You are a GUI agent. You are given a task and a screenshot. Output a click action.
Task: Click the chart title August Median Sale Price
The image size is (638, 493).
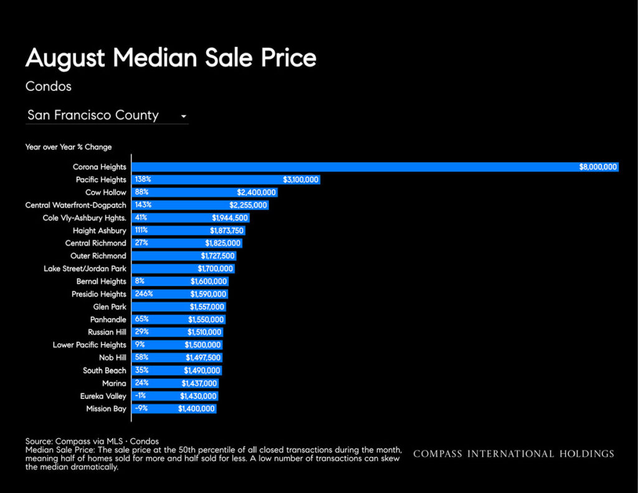(x=171, y=58)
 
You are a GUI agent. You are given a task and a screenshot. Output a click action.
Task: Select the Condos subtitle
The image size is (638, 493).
(x=49, y=86)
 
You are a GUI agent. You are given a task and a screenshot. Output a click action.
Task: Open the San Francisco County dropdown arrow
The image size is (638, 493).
(x=184, y=117)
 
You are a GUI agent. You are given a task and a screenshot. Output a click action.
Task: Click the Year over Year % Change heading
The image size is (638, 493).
(x=69, y=147)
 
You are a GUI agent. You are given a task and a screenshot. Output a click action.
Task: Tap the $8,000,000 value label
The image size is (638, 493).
(x=598, y=167)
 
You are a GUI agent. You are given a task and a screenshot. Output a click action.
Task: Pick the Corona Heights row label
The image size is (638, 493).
(x=100, y=167)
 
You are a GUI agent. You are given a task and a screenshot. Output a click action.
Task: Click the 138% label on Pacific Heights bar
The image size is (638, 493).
(x=143, y=179)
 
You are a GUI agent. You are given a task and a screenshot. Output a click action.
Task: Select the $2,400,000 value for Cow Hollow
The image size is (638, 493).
(x=256, y=192)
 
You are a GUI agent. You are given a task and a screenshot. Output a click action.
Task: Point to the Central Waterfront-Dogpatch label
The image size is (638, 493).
(x=75, y=205)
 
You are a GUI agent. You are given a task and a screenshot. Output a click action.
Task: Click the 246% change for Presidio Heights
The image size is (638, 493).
(x=144, y=294)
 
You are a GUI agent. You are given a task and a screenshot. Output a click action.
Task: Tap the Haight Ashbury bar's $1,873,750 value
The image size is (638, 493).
(x=227, y=231)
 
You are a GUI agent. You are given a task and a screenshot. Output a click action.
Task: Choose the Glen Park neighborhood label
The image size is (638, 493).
(x=110, y=307)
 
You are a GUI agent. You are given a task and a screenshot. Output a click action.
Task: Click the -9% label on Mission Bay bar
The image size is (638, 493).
(x=141, y=408)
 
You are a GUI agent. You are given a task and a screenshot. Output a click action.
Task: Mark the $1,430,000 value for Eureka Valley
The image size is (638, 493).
(x=198, y=396)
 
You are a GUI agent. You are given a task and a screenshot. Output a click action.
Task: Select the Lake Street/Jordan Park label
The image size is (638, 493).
(x=85, y=269)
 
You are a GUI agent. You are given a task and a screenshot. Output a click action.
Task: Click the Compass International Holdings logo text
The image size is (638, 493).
(x=513, y=454)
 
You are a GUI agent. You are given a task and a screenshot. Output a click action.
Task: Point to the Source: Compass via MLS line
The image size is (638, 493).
(x=92, y=441)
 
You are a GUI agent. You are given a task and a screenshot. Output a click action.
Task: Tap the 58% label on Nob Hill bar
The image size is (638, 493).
(x=141, y=357)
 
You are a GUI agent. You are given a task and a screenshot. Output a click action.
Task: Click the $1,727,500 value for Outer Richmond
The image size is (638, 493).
(x=217, y=256)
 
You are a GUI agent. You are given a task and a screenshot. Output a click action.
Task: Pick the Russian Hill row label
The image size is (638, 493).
(x=107, y=332)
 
